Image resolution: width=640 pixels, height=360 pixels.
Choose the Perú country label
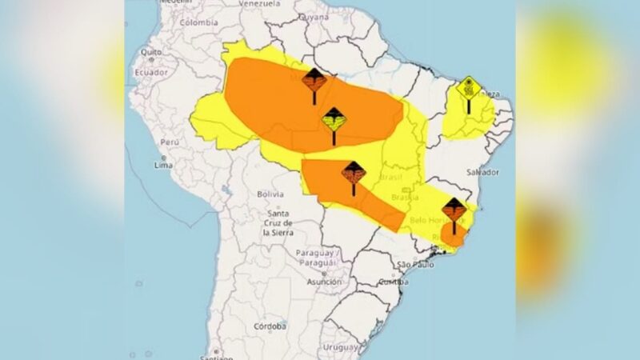tap(167, 141)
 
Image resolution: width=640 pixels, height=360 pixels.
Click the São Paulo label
tap(414, 264)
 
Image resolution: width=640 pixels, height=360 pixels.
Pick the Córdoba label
tap(270, 326)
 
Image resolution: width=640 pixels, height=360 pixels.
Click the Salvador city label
tap(482, 172)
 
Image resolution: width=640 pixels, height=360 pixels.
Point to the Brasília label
tap(406, 197)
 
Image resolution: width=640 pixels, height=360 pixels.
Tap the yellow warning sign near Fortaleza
tap(468, 88)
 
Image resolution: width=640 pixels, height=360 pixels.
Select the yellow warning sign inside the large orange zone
tap(334, 121)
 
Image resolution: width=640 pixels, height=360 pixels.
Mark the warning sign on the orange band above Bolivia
tap(353, 172)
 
